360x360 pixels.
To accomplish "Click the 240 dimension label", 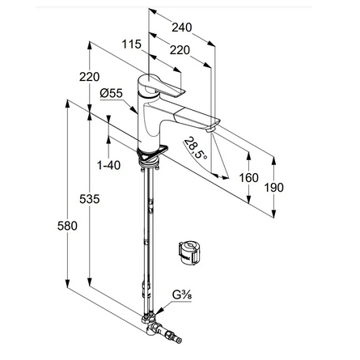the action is (182, 28).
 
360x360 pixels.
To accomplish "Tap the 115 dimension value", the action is (132, 44).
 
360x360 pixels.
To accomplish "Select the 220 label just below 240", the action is (180, 50).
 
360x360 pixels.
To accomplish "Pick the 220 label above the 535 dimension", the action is (90, 77).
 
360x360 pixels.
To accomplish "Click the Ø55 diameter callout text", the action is (112, 94).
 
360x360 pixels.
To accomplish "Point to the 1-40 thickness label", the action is (109, 165).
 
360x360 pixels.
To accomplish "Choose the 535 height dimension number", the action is (90, 199).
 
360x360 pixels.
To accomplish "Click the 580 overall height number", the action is (67, 226).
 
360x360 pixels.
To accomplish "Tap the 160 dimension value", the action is (249, 178).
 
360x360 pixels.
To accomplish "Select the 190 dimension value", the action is (273, 188).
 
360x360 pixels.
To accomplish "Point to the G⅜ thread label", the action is (182, 295).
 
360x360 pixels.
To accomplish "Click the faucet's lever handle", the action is (162, 86).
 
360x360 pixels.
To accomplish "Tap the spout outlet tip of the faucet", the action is (210, 129).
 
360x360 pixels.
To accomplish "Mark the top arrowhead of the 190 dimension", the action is (274, 160).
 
